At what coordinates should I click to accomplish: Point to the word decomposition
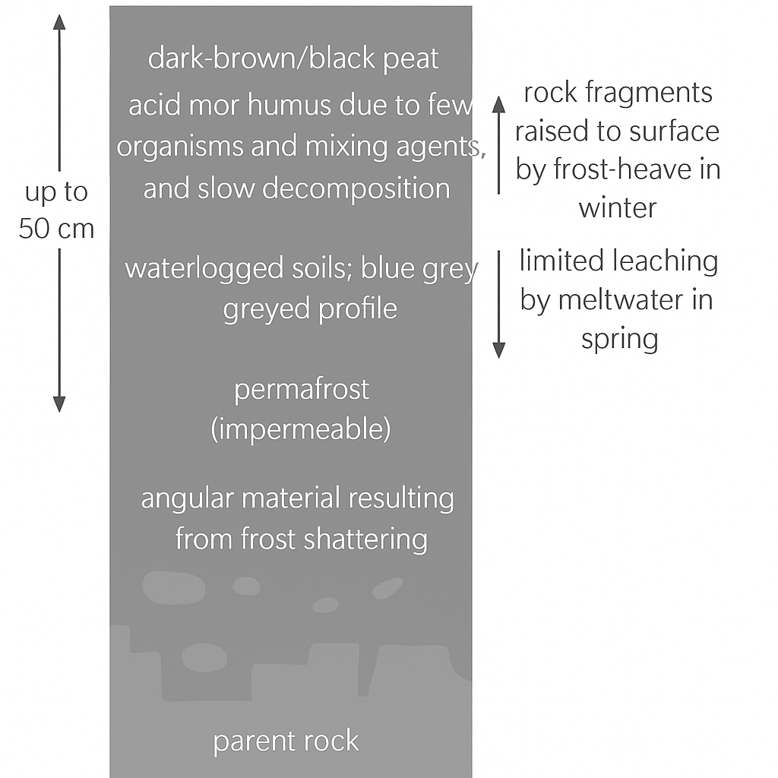click(x=356, y=188)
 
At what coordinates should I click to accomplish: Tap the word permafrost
click(x=302, y=390)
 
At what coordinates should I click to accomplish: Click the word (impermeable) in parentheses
click(x=301, y=430)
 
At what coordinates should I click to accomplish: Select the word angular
click(x=187, y=499)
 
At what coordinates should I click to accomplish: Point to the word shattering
click(x=365, y=539)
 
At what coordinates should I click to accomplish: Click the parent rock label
click(x=286, y=742)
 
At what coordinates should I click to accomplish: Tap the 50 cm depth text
click(x=56, y=229)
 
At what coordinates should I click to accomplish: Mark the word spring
click(x=619, y=339)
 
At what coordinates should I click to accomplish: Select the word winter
click(x=617, y=207)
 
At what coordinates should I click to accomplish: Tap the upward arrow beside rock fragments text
click(x=498, y=144)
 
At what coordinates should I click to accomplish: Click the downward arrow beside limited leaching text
click(x=498, y=304)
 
